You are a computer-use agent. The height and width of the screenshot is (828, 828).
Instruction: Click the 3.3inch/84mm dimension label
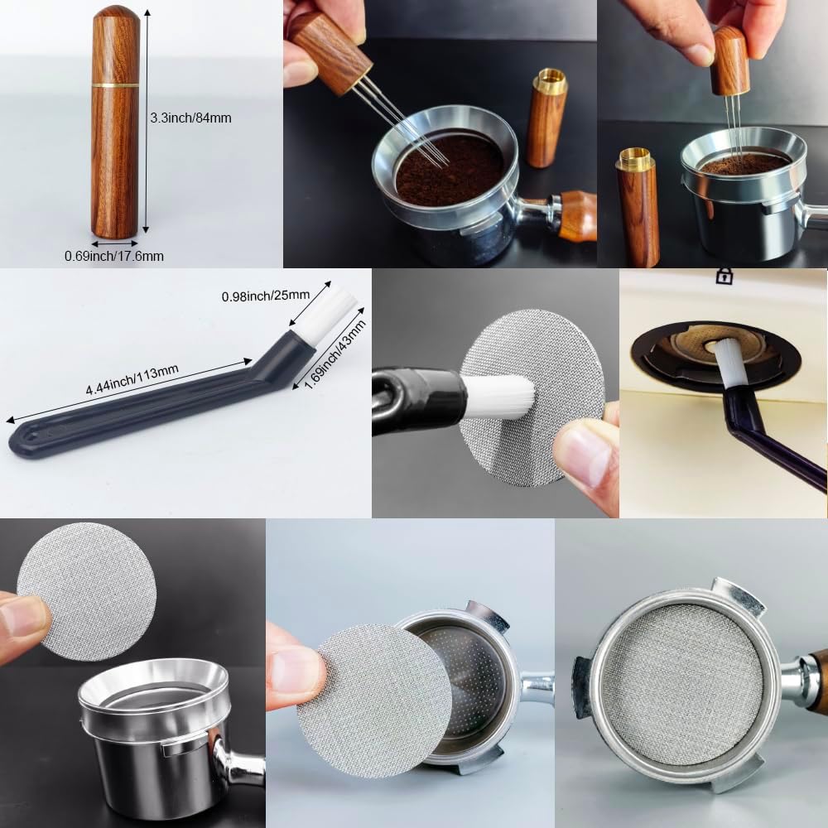(190, 118)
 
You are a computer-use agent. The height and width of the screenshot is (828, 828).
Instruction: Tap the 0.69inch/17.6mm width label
(114, 257)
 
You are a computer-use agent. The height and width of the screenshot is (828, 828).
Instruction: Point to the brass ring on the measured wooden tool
(115, 84)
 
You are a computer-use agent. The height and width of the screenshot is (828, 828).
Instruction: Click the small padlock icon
(724, 277)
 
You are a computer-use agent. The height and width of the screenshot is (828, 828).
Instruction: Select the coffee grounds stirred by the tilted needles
(447, 170)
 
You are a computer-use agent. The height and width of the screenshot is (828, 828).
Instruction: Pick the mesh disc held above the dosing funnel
(75, 590)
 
